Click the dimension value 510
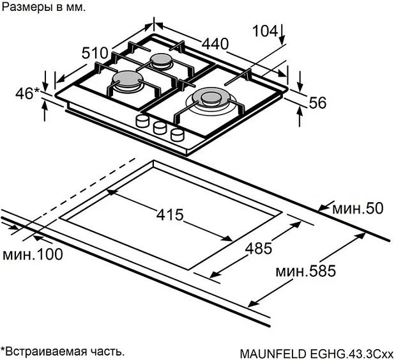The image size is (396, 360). pos(95,54)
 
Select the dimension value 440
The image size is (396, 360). pos(215,43)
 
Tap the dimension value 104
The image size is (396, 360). pos(264,31)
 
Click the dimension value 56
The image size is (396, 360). pos(318,102)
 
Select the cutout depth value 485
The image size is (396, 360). pos(259,248)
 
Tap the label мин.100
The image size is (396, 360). pos(33,254)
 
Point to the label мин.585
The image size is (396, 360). pos(305,271)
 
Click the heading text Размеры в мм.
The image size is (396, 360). pos(42,8)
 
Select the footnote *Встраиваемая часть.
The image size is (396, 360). pos(63,351)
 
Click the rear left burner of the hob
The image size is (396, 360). pos(160,61)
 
